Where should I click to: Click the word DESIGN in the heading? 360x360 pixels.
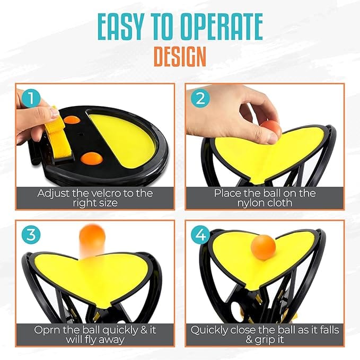click(x=180, y=57)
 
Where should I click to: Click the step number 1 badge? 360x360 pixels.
click(x=31, y=99)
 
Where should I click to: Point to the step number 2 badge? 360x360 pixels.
click(x=200, y=99)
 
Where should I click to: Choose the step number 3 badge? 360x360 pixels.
click(x=31, y=235)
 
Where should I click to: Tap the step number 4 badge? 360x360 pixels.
click(x=200, y=235)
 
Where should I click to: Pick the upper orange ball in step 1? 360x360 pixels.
click(x=72, y=120)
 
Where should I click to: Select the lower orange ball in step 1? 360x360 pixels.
click(x=92, y=158)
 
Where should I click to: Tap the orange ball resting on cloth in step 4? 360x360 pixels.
click(x=264, y=247)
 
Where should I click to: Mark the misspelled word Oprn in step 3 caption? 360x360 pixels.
click(x=47, y=330)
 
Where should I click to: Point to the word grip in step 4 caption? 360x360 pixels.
click(x=266, y=340)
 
